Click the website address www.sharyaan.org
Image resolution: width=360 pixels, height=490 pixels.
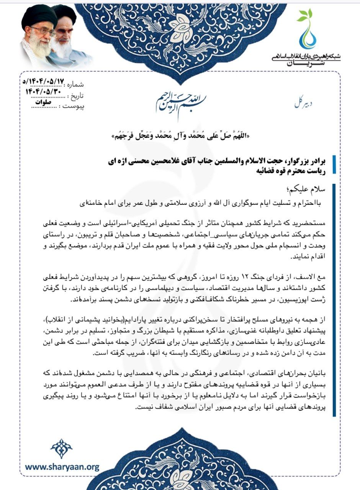(62, 467)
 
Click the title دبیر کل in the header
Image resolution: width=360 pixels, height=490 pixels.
(302, 103)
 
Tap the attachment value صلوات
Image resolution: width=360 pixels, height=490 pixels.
(43, 102)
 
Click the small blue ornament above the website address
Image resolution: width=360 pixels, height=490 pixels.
(62, 448)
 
